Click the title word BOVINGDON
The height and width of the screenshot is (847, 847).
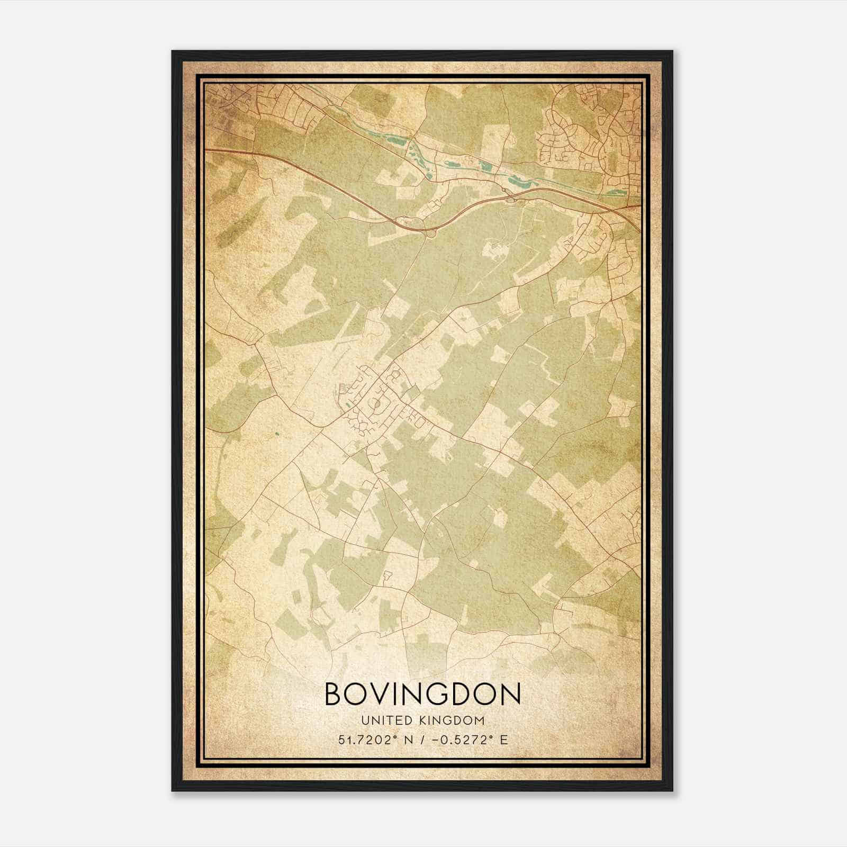click(422, 694)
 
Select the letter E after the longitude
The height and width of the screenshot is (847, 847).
click(504, 740)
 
